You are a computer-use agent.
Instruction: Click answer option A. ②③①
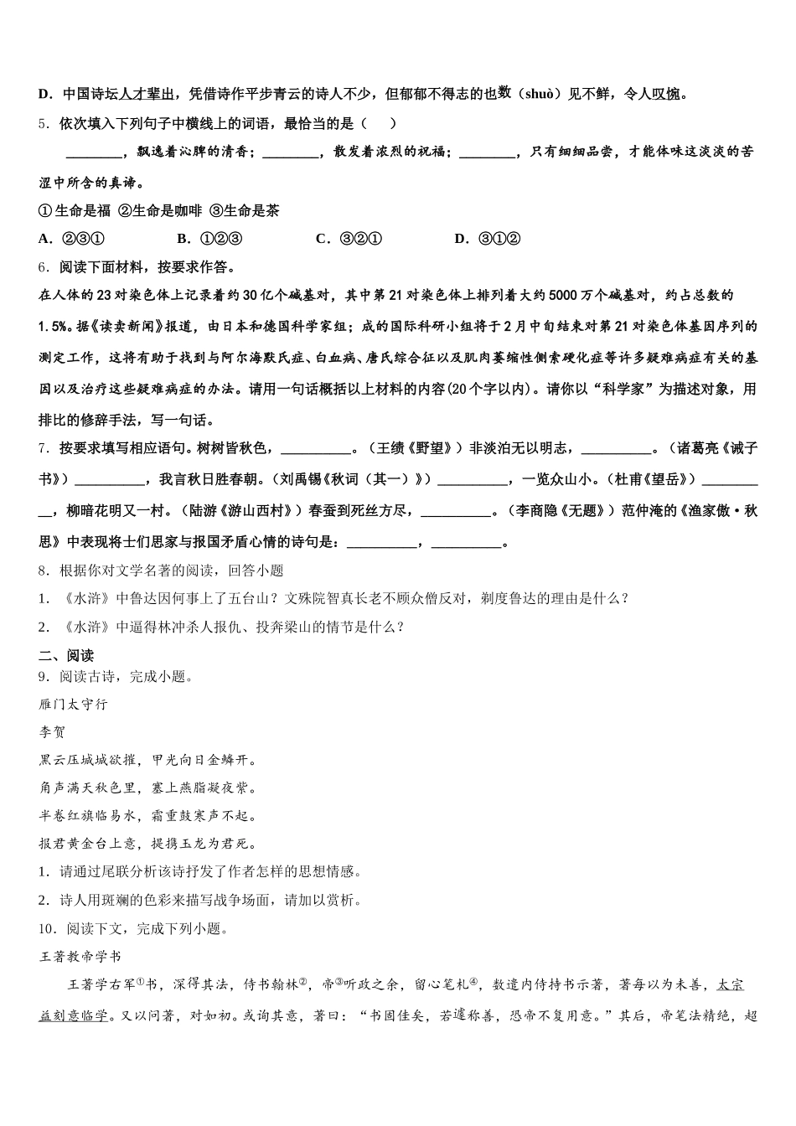click(71, 239)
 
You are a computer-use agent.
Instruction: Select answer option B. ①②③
click(209, 239)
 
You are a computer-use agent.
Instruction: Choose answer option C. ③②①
click(349, 239)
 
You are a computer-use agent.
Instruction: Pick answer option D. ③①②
click(488, 239)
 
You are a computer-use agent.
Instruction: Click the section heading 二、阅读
click(66, 655)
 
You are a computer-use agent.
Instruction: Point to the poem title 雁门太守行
click(74, 705)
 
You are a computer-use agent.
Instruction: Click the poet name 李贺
click(52, 732)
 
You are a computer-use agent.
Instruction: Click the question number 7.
click(44, 448)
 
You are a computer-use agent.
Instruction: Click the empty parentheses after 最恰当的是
click(380, 124)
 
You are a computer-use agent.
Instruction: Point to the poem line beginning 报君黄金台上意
click(148, 844)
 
